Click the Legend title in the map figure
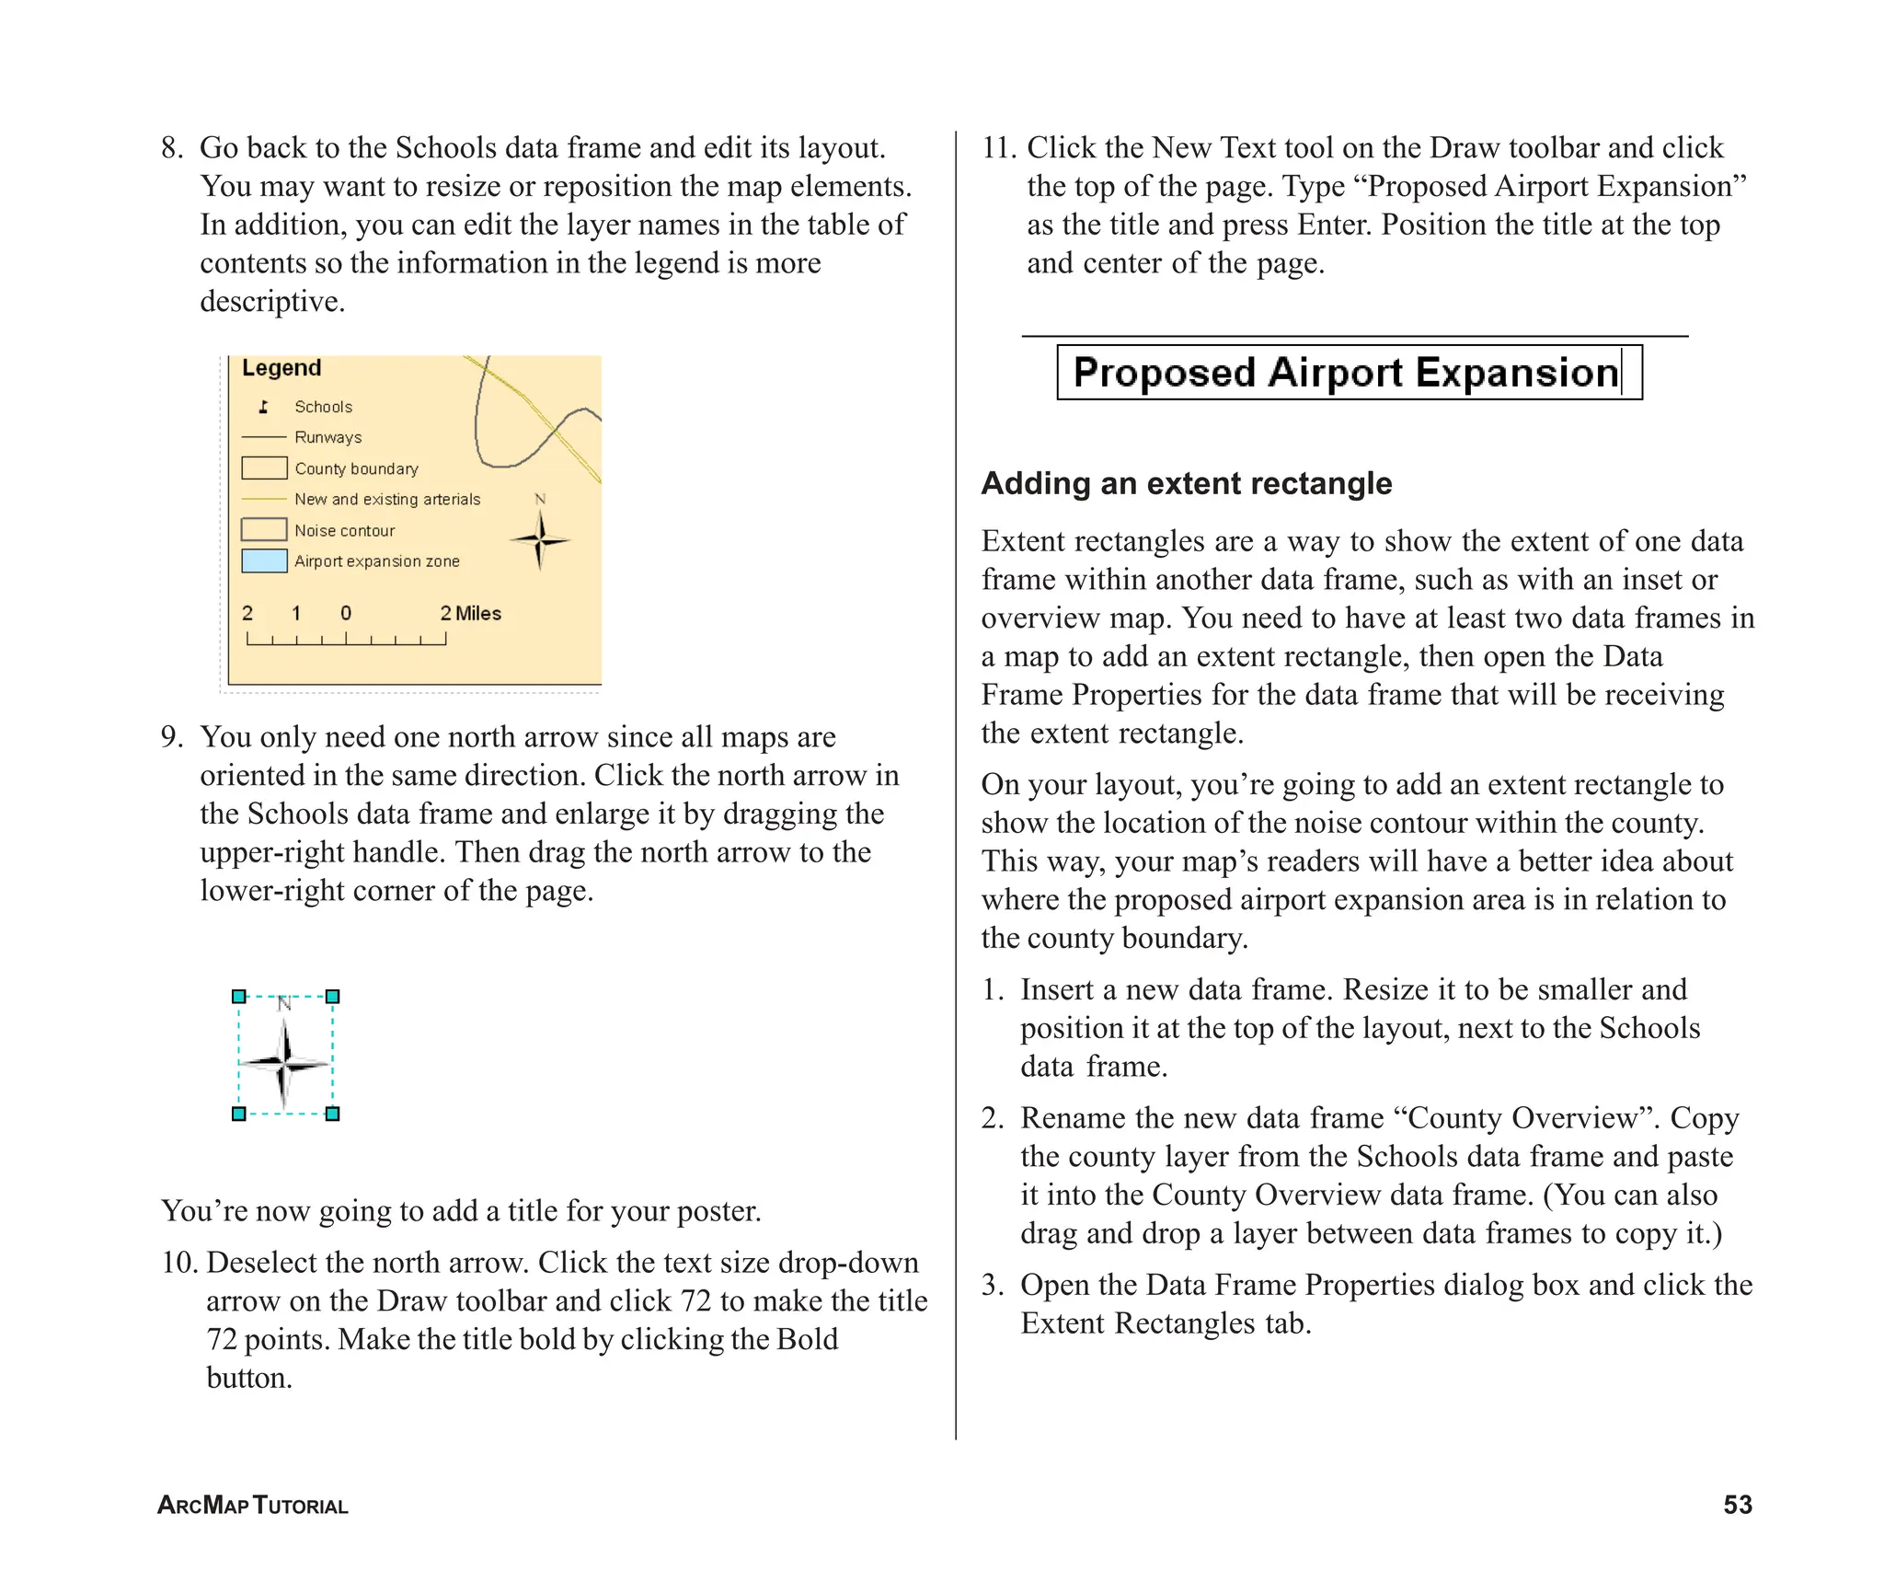click(281, 368)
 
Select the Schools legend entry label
click(323, 407)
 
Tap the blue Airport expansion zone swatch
click(264, 561)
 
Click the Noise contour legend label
click(344, 531)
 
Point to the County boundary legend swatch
click(264, 468)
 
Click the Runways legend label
click(327, 438)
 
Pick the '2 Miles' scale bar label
click(470, 614)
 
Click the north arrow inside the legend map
click(540, 540)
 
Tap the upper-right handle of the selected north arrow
click(333, 997)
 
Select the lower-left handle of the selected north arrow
click(239, 1114)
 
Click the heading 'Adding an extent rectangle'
click(1186, 484)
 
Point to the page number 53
click(1737, 1505)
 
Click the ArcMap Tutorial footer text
click(253, 1506)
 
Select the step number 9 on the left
click(171, 737)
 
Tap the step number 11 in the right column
click(997, 148)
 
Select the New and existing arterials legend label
click(387, 500)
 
